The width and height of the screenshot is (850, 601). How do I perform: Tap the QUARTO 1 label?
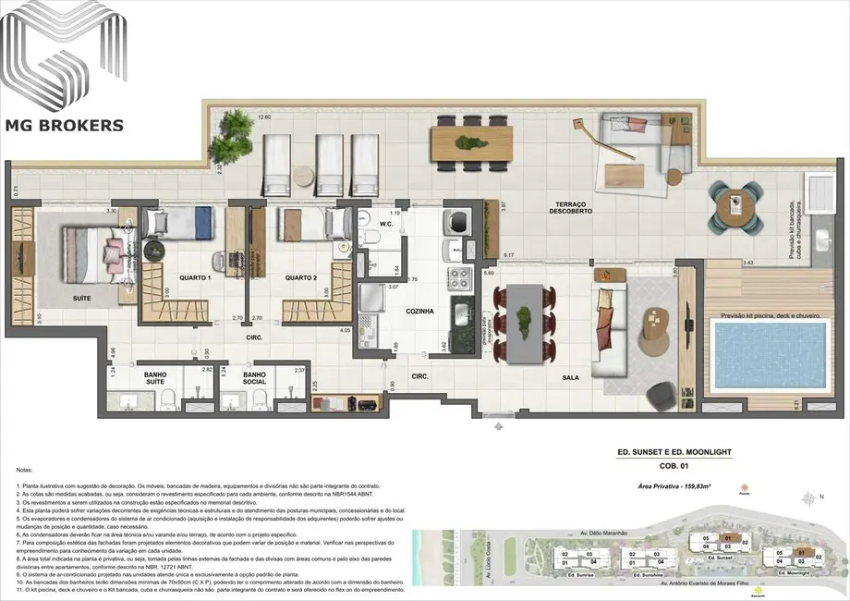(x=196, y=277)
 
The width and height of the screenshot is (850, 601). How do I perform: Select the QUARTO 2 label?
(x=301, y=277)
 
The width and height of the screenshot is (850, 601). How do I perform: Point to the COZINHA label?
(x=419, y=312)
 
